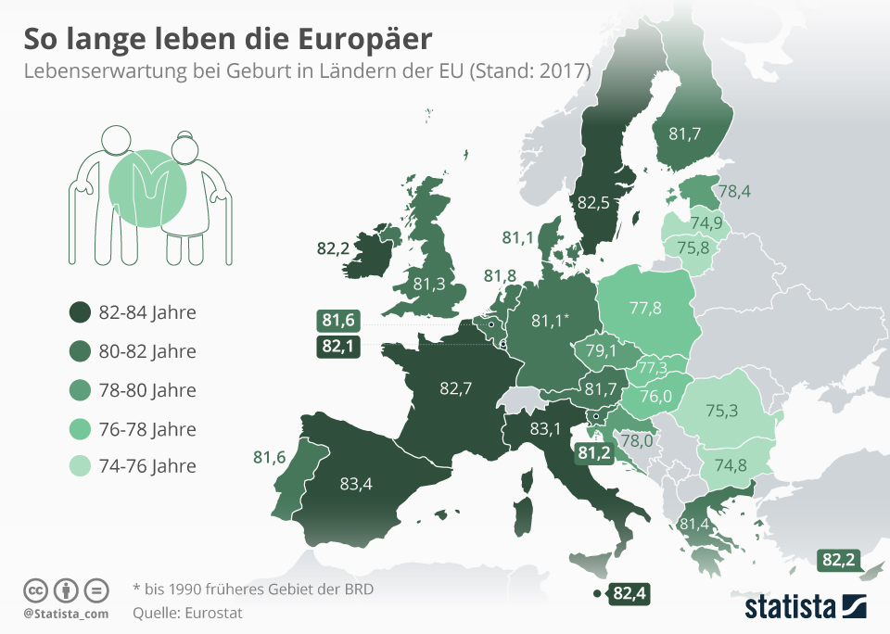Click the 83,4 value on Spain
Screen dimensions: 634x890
[356, 483]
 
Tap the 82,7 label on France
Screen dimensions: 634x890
[456, 388]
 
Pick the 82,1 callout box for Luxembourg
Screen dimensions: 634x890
[338, 346]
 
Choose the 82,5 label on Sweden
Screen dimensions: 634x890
[594, 201]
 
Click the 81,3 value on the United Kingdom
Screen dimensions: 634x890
[428, 283]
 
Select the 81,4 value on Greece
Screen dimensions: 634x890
[695, 525]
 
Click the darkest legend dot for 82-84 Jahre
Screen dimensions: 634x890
[80, 312]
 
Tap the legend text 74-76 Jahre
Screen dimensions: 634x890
[147, 465]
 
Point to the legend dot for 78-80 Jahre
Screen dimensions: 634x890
[80, 389]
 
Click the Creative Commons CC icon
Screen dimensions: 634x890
[35, 590]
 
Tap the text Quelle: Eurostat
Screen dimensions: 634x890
[187, 612]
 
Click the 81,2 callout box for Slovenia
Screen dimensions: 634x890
[593, 452]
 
